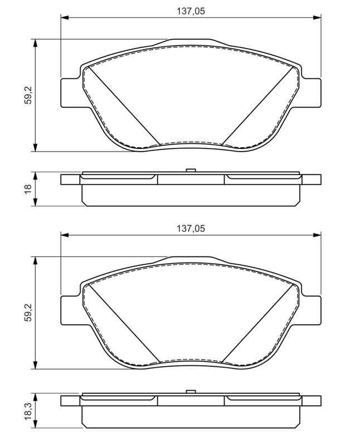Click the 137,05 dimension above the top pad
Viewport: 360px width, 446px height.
[191, 11]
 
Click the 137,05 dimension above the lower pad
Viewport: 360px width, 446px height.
[191, 229]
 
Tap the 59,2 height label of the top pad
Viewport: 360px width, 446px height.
[28, 95]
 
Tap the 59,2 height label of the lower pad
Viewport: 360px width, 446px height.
[28, 313]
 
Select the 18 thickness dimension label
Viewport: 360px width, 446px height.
[28, 189]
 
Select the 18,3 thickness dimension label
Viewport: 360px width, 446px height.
[28, 411]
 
